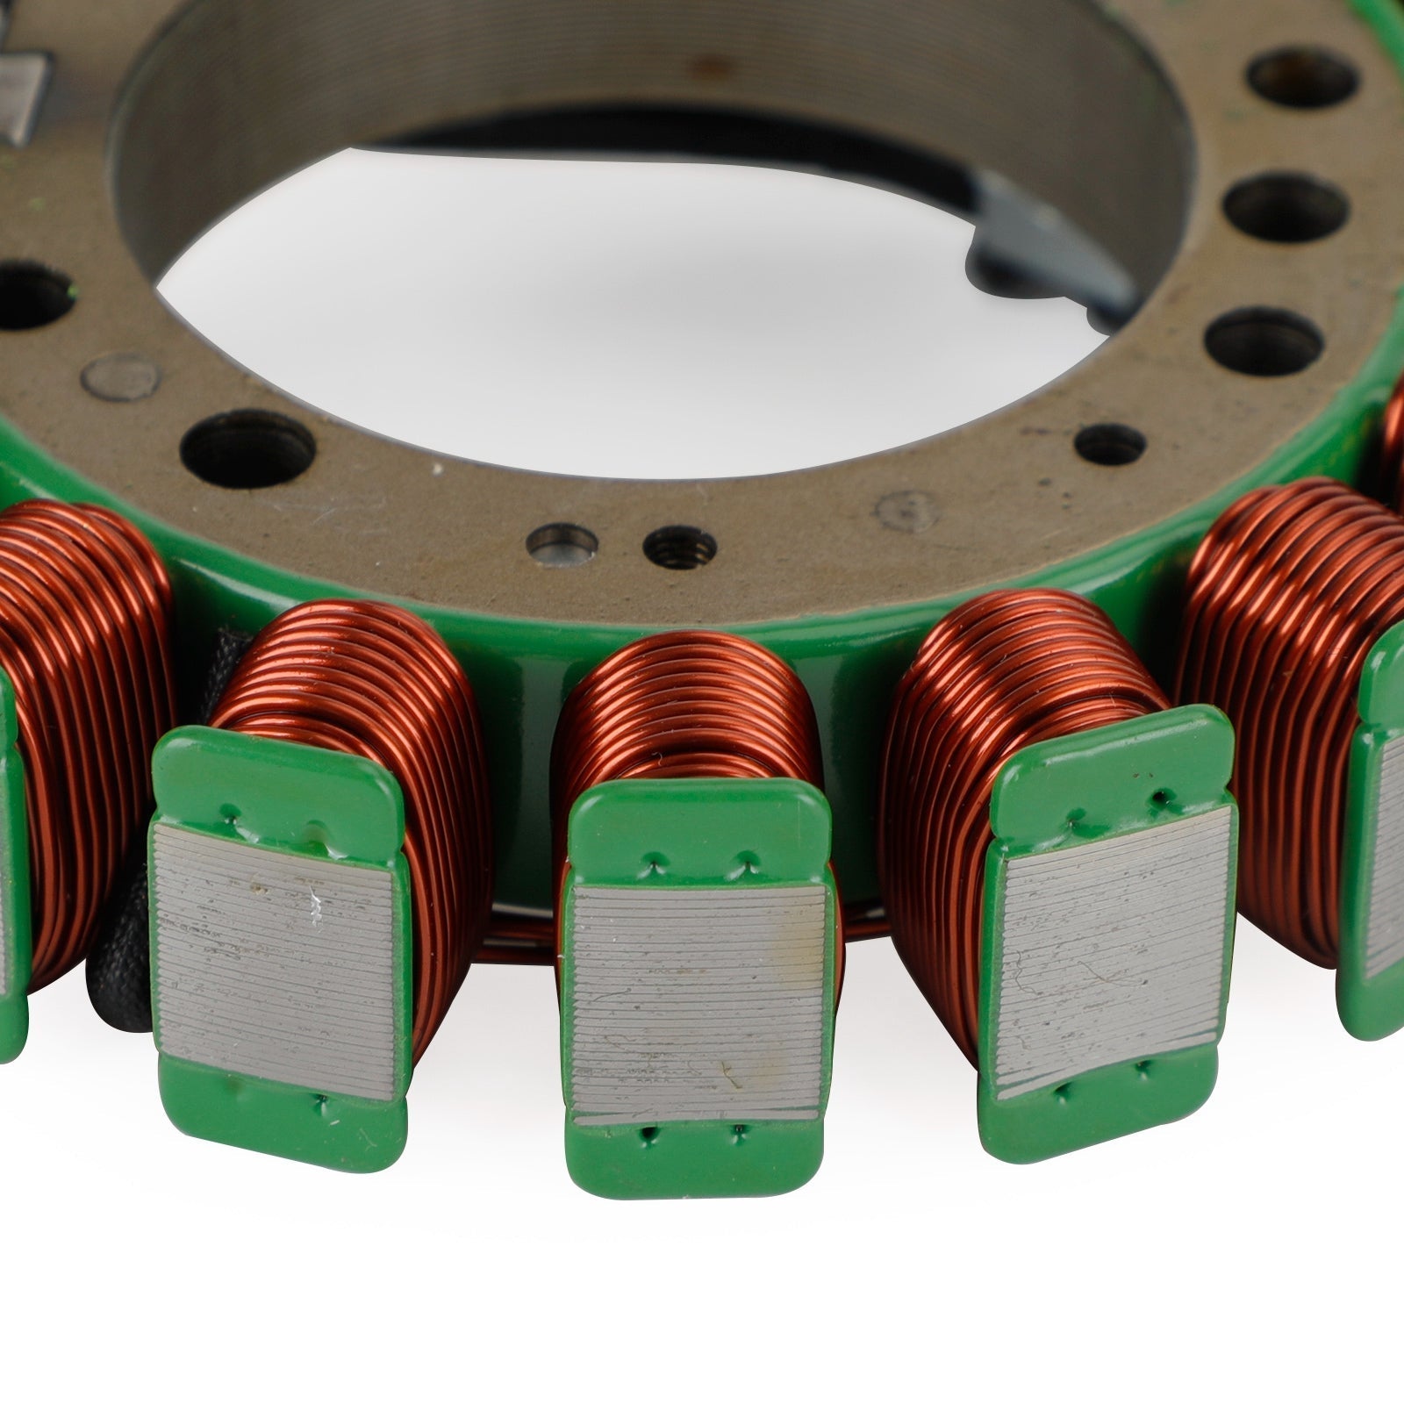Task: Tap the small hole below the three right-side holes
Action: pyautogui.click(x=1110, y=443)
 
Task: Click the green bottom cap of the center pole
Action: pyautogui.click(x=698, y=1158)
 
